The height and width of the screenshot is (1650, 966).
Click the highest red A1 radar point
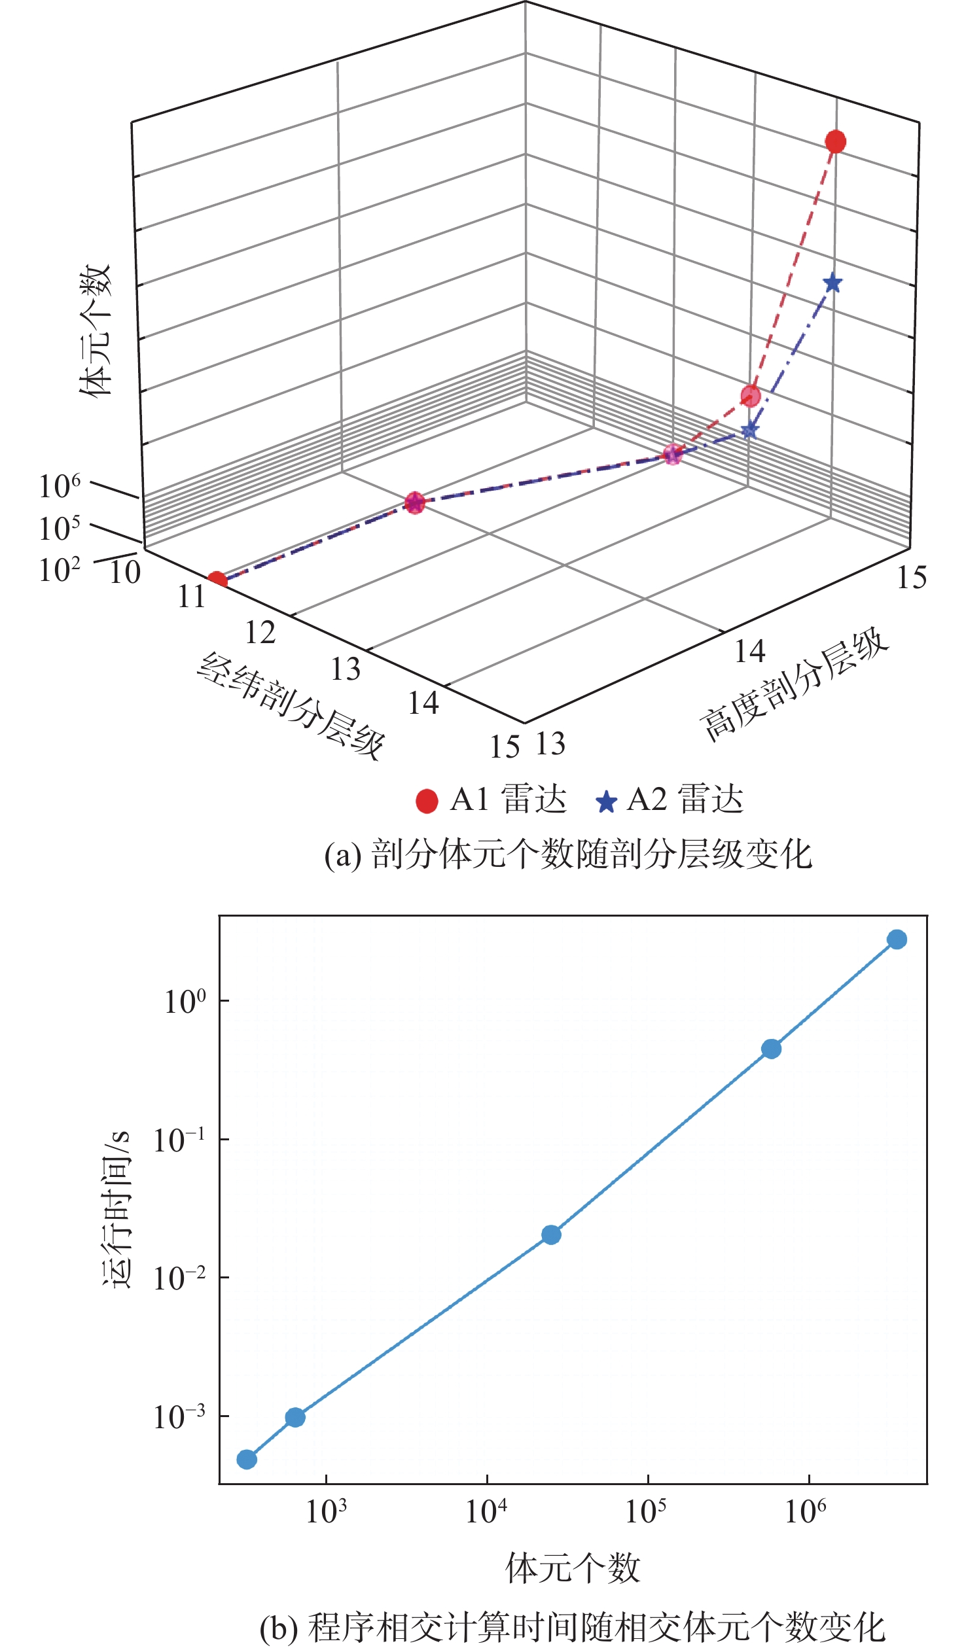click(x=835, y=141)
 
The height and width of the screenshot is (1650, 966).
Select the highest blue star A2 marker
click(x=832, y=283)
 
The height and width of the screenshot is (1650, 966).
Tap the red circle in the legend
click(x=427, y=801)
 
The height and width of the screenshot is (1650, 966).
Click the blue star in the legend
click(x=607, y=802)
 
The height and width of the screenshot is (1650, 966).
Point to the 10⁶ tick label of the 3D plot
click(x=60, y=487)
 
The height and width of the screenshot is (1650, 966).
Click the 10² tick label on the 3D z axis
click(x=60, y=570)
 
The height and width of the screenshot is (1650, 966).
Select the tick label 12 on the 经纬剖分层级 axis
click(x=260, y=633)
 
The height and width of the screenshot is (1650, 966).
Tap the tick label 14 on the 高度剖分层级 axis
click(x=749, y=651)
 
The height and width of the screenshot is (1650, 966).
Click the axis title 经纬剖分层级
click(x=291, y=706)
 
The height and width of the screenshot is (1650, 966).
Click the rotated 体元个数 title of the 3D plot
click(x=96, y=330)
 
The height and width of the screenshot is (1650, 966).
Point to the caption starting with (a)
click(x=569, y=855)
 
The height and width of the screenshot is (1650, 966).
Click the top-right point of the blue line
click(x=897, y=939)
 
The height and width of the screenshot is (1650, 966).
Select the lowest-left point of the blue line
click(x=246, y=1460)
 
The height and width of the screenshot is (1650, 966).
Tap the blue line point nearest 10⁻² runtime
click(x=552, y=1235)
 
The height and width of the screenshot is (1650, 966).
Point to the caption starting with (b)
click(x=573, y=1631)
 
